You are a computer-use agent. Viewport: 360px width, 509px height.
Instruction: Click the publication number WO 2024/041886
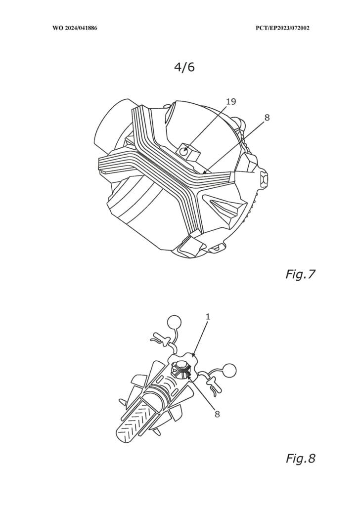pyautogui.click(x=75, y=28)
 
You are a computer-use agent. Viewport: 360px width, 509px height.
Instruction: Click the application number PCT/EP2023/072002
pyautogui.click(x=282, y=28)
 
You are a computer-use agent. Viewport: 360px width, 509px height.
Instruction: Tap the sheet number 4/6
pyautogui.click(x=184, y=67)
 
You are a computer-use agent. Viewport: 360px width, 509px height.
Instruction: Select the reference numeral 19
pyautogui.click(x=230, y=102)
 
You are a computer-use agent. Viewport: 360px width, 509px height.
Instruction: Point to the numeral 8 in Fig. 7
pyautogui.click(x=267, y=118)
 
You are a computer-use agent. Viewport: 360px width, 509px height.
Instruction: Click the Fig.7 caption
pyautogui.click(x=300, y=275)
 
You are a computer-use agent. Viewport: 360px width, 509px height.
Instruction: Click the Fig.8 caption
pyautogui.click(x=300, y=459)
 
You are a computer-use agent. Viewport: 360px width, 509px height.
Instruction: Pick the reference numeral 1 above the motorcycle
pyautogui.click(x=208, y=316)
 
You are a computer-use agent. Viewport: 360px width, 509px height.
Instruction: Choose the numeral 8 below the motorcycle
pyautogui.click(x=217, y=414)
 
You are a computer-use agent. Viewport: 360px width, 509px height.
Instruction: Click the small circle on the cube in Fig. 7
pyautogui.click(x=185, y=152)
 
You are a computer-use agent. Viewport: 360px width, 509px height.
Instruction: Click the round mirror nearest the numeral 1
pyautogui.click(x=174, y=322)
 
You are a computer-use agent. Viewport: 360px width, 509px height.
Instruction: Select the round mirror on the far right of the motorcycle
pyautogui.click(x=229, y=371)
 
